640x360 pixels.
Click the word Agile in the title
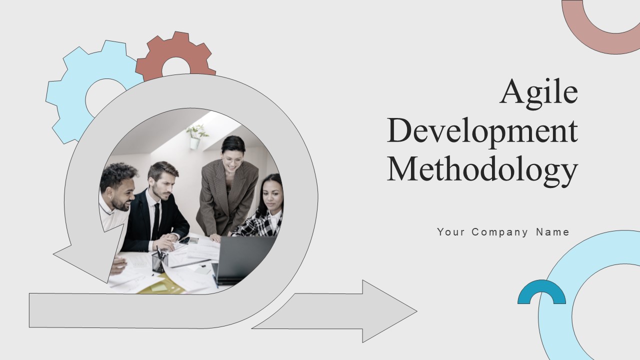pos(538,91)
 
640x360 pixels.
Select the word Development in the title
pos(482,131)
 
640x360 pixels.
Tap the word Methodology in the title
pos(482,169)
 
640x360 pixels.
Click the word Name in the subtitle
pos(552,232)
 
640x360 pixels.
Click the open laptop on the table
pos(245,257)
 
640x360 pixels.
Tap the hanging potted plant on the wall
pos(196,136)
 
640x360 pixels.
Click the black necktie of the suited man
pos(155,220)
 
